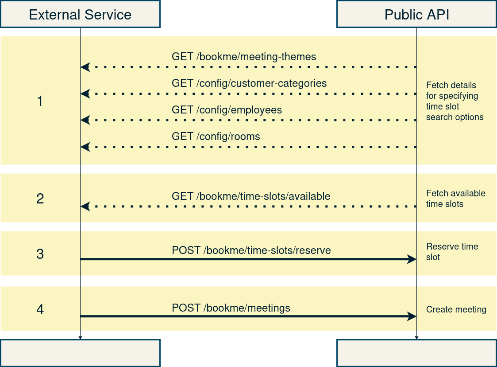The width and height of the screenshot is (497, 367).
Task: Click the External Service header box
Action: point(80,14)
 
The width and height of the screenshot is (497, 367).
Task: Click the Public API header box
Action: point(416,14)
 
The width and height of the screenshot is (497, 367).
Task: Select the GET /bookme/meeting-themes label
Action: point(244,57)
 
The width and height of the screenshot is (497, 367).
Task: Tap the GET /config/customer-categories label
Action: point(249,83)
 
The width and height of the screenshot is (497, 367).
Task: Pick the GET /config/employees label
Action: point(227,110)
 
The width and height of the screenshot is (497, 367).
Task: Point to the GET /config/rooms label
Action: point(216,137)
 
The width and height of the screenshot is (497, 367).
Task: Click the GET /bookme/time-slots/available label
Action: point(251,196)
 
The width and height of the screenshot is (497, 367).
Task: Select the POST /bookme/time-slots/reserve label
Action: point(251,250)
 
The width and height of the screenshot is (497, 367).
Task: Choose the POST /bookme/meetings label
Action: point(231,308)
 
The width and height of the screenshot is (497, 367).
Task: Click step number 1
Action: point(40,101)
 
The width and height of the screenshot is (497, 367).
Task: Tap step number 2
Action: point(40,199)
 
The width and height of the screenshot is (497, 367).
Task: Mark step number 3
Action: point(40,254)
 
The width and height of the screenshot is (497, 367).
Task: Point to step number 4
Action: point(40,309)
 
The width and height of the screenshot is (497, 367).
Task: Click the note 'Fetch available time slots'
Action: point(455,199)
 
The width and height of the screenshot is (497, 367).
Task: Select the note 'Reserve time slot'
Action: point(452,252)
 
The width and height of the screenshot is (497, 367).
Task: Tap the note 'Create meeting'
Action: point(456,310)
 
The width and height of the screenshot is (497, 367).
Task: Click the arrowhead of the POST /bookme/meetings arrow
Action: point(412,316)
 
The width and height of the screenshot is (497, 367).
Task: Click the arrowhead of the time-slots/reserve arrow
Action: point(412,259)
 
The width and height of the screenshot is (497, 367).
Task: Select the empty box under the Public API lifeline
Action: point(416,353)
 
